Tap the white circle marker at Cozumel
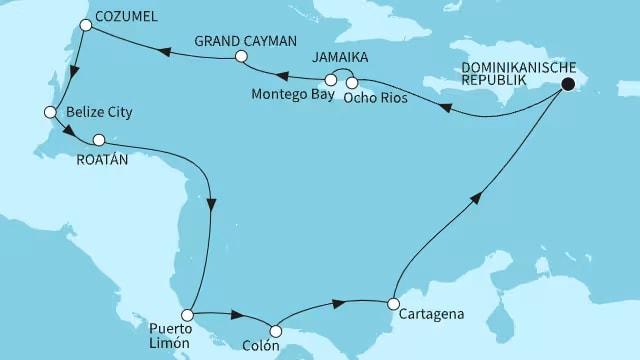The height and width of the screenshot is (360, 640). point(88,28)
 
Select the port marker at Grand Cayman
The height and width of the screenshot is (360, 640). point(241,58)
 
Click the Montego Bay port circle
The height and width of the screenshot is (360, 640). point(331,79)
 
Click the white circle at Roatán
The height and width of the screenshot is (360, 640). point(98,141)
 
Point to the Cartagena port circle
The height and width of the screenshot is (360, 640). point(394,303)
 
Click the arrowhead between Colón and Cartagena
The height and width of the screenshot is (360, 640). point(340,300)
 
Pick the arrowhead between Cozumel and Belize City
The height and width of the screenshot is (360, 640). point(72,69)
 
